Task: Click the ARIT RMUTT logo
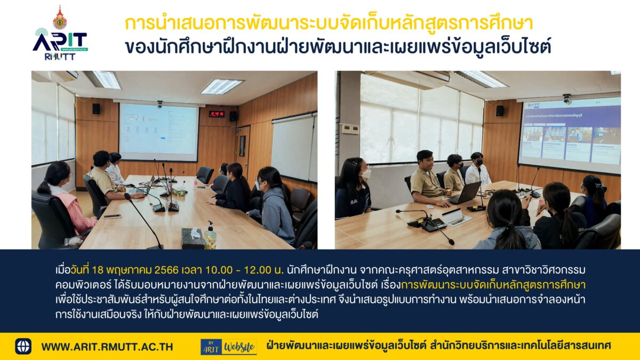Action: tap(60, 33)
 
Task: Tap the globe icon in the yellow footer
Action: tap(23, 346)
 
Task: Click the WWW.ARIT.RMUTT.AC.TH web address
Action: tap(107, 347)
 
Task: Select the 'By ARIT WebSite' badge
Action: tap(229, 347)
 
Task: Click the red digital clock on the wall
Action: tap(217, 114)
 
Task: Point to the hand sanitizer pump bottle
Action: tap(210, 236)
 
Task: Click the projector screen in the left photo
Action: tap(159, 132)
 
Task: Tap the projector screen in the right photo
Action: tap(570, 135)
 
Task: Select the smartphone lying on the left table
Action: tap(113, 217)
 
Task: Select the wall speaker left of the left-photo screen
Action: tap(96, 109)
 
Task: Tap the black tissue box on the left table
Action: tap(193, 238)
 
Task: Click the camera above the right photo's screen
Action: tap(567, 99)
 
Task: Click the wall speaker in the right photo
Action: tap(500, 111)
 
